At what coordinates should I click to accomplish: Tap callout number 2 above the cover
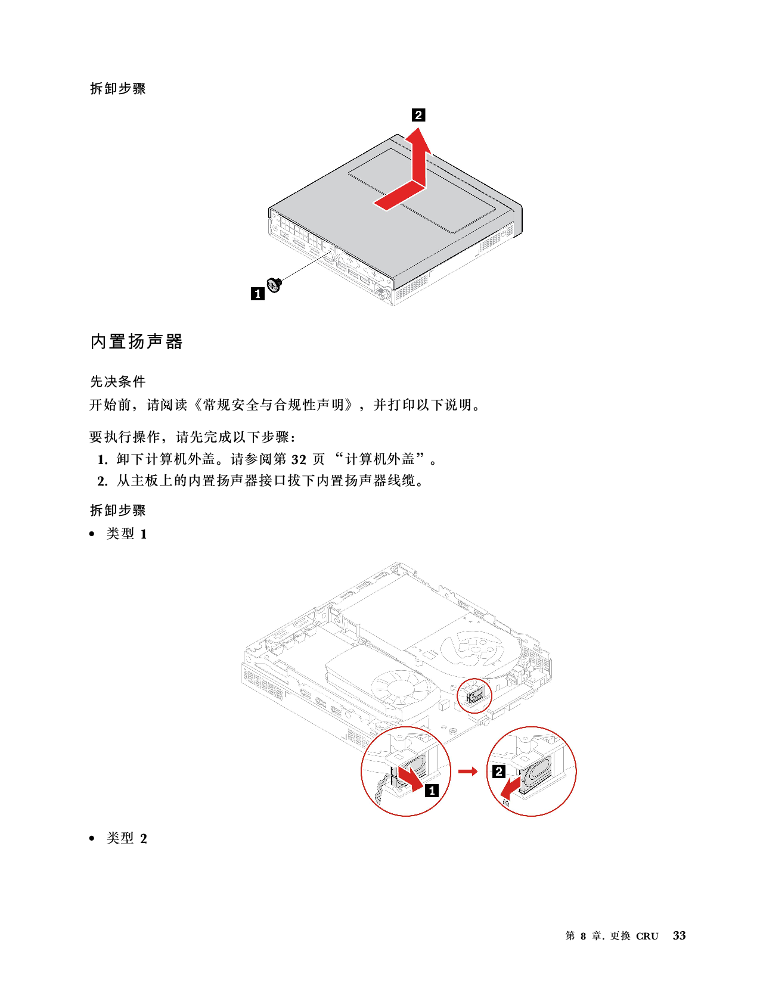click(418, 115)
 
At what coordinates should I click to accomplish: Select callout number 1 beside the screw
click(258, 293)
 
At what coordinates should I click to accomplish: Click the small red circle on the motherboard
click(474, 695)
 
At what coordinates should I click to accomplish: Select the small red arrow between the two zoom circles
click(469, 772)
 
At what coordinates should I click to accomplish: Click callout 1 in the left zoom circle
click(432, 791)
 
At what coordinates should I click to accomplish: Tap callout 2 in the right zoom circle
click(499, 772)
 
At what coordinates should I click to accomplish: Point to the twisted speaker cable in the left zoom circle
click(379, 792)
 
